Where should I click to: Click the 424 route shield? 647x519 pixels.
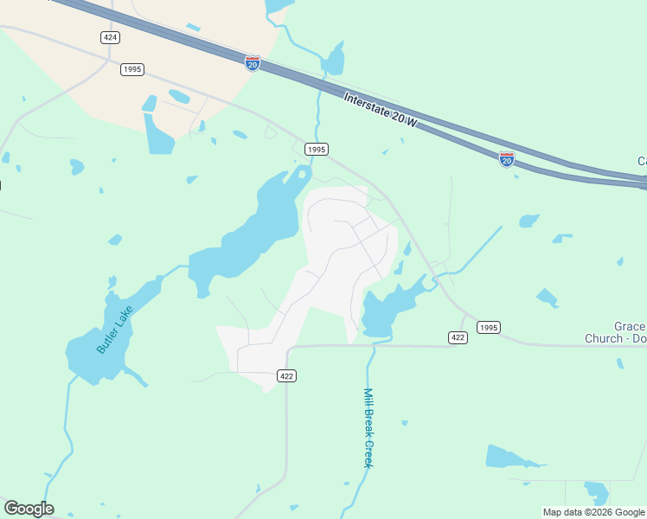click(x=110, y=37)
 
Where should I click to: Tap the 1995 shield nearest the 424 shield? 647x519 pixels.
click(x=132, y=69)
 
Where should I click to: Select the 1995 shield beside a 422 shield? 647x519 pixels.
click(x=488, y=327)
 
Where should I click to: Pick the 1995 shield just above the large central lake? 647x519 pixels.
click(x=317, y=150)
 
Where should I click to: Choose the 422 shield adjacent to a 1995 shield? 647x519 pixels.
click(x=458, y=336)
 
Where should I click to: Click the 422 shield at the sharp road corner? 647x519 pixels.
click(x=287, y=375)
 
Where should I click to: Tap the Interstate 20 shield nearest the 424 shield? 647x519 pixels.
click(x=252, y=63)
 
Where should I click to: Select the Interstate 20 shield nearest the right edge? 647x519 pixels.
click(x=507, y=158)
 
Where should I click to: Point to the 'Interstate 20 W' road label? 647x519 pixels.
click(x=381, y=111)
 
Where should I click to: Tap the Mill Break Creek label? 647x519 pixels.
click(x=368, y=428)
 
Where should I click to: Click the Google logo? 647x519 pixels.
click(x=29, y=509)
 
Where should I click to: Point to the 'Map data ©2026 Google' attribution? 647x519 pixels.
click(x=593, y=512)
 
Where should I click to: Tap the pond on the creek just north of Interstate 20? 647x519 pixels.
click(x=333, y=61)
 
